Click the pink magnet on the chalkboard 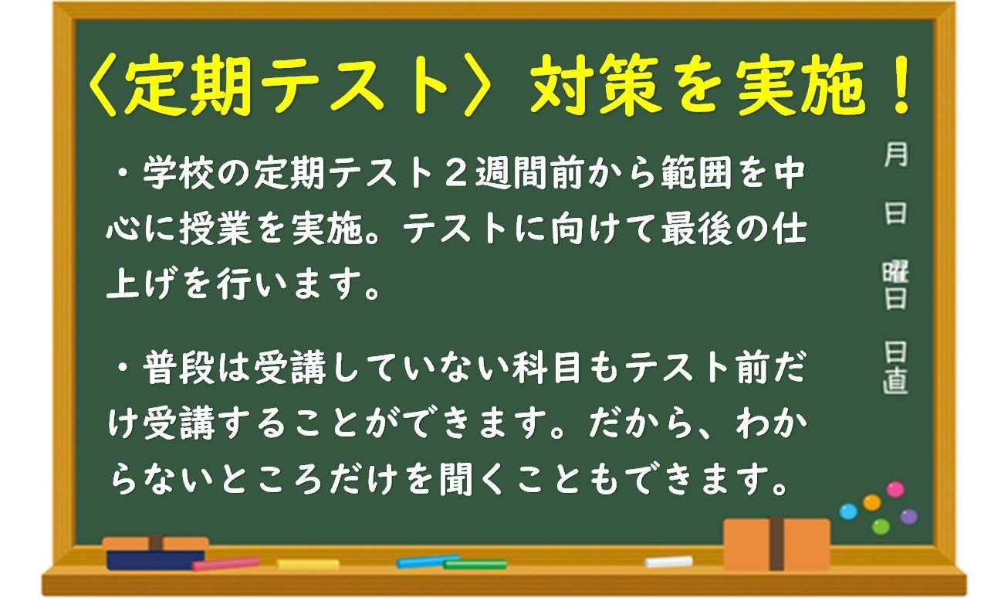[x=895, y=489]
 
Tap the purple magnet [x=909, y=516]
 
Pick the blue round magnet [x=848, y=511]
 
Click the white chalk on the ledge [x=668, y=562]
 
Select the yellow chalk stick [x=308, y=564]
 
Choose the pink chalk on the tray [x=226, y=563]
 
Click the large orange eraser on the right [x=776, y=544]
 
